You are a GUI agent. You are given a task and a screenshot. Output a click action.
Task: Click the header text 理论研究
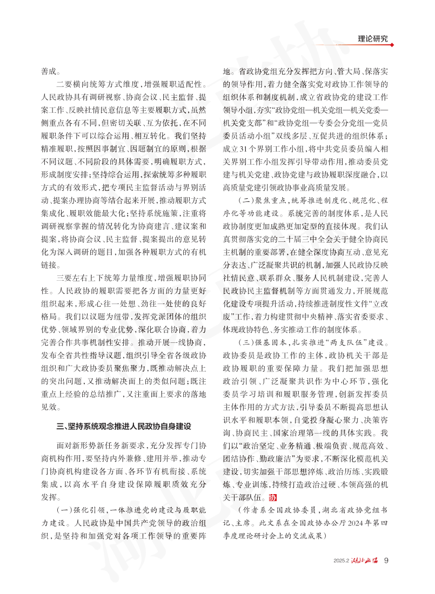coord(377,39)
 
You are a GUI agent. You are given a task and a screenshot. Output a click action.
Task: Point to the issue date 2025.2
coord(342,561)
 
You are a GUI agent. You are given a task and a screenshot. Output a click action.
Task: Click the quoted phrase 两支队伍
coord(339,342)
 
